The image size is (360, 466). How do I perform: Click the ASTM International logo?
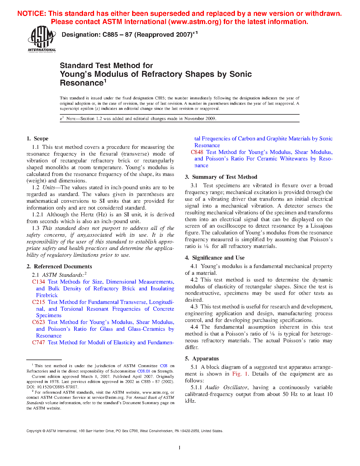42,39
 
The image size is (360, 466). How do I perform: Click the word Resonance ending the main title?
82,83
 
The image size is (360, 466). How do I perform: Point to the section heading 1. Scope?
37,139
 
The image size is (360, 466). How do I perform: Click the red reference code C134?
38,282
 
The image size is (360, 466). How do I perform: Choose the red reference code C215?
38,302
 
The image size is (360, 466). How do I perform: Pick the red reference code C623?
38,322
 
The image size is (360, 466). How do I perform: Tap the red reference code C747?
38,343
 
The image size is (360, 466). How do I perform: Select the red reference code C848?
197,152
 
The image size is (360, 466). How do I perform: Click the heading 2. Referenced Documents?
59,267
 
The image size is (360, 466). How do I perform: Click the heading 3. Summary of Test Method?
221,177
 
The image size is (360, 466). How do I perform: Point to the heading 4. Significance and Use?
215,258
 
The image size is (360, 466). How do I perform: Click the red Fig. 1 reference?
240,374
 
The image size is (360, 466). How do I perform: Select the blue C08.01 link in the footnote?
143,371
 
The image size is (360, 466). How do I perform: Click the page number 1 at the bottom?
179,447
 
